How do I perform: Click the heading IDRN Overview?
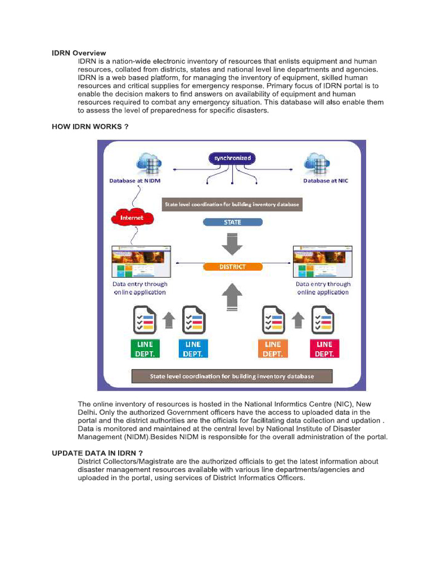[79, 53]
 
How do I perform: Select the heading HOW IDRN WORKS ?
[90, 126]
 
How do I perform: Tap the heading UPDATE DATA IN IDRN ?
[98, 453]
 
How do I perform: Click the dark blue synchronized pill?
[232, 158]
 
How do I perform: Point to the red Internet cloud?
[132, 218]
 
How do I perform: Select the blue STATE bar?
[232, 222]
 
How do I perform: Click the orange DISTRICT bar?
[232, 267]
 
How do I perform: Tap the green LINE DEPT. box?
[145, 348]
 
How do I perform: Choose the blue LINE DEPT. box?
[193, 348]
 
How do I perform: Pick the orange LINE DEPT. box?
[273, 348]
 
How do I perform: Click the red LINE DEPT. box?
[324, 348]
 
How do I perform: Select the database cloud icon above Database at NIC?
[318, 163]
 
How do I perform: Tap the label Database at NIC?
[325, 181]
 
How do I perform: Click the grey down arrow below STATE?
[232, 243]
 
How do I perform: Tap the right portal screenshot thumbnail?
[323, 262]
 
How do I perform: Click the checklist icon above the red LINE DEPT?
[323, 321]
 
